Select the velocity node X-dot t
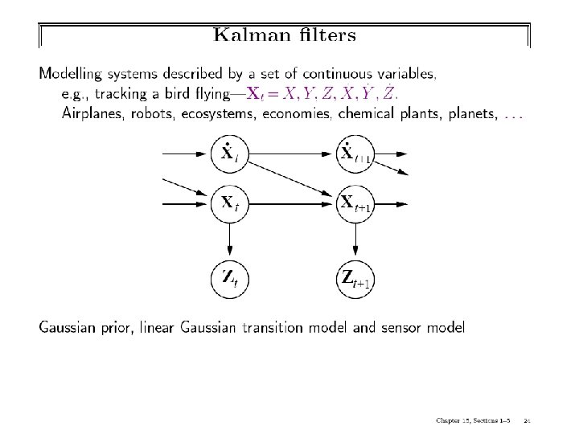pos(228,153)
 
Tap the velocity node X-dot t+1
pos(354,153)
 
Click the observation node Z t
pos(228,279)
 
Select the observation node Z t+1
pos(354,279)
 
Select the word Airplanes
pos(91,114)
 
